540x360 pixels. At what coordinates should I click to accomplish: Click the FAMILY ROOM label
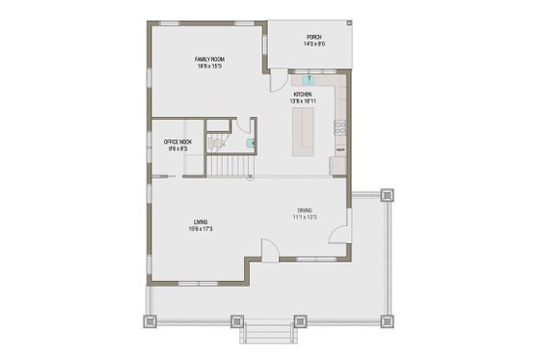point(210,59)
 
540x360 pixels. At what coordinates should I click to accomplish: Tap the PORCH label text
point(314,37)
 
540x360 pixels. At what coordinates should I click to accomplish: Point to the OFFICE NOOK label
point(178,142)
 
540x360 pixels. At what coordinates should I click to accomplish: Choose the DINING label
point(304,209)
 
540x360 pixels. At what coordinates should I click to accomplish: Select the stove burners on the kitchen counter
point(340,125)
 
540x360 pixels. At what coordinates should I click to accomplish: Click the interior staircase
point(229,168)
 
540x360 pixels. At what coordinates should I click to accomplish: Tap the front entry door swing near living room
point(270,248)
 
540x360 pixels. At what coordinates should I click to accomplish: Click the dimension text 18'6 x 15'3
point(210,66)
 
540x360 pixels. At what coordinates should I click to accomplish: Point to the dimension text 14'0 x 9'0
point(314,43)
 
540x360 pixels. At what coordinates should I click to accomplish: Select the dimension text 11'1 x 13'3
point(304,216)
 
